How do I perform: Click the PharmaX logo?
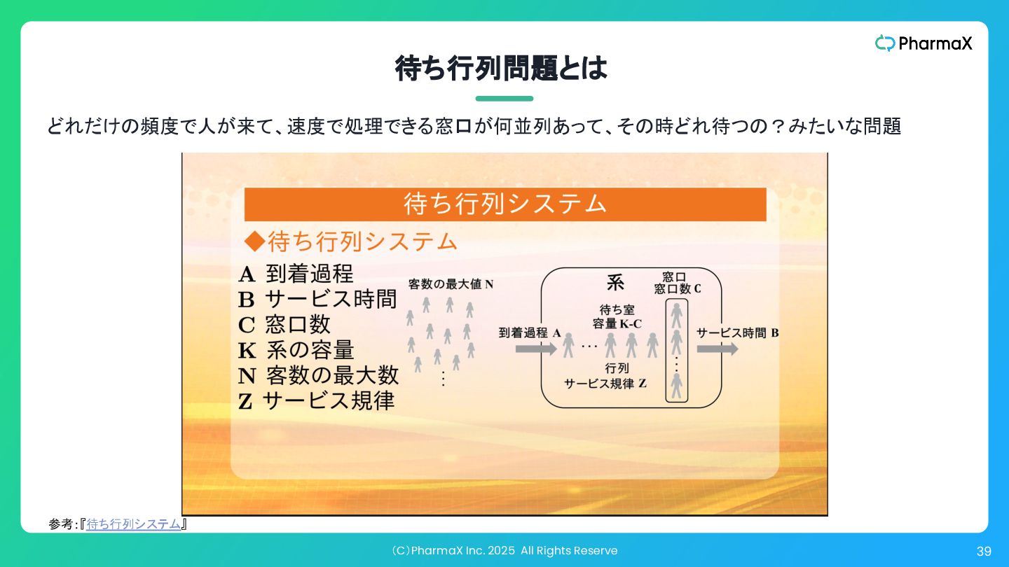coord(924,43)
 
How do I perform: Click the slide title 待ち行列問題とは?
coord(501,69)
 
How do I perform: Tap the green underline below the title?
coord(504,99)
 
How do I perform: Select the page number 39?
coord(984,552)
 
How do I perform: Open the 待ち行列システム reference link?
coord(134,524)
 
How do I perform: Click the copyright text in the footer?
coord(504,551)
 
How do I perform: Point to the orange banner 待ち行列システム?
coord(504,204)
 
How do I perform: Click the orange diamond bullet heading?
coord(350,241)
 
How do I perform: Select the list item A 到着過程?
coord(296,274)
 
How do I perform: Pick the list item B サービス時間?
coord(317,300)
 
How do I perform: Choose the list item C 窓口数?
coord(284,325)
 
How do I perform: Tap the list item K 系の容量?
coord(296,350)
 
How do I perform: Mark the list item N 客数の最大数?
coord(318,376)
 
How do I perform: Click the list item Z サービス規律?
coord(316,401)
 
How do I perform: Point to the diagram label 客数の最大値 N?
coord(451,284)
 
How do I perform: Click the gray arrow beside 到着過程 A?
coord(535,349)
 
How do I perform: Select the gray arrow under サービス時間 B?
coord(717,349)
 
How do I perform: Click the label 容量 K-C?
coord(617,323)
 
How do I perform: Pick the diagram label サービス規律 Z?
coord(605,384)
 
